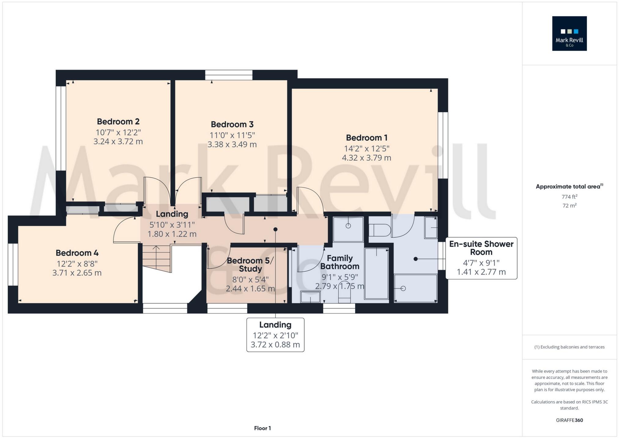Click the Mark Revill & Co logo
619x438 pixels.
point(569,34)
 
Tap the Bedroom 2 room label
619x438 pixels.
point(118,122)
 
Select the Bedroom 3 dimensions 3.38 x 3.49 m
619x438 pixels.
point(232,144)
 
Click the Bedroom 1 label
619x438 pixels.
point(366,138)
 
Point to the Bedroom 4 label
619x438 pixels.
point(77,253)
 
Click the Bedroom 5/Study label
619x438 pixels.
point(250,265)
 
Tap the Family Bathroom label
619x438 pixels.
point(339,262)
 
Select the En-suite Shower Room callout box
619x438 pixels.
point(481,258)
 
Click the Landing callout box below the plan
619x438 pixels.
point(275,335)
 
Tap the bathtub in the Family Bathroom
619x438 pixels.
point(376,273)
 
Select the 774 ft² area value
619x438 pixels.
point(569,197)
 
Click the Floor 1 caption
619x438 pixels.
point(262,428)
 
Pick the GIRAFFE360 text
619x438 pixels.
point(569,420)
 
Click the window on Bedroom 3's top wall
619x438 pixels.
point(229,75)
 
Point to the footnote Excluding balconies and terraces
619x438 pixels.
point(569,347)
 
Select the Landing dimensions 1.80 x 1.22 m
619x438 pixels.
point(172,234)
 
